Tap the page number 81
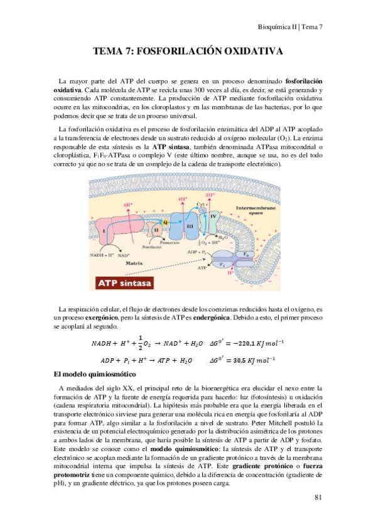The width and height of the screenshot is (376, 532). (318, 498)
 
